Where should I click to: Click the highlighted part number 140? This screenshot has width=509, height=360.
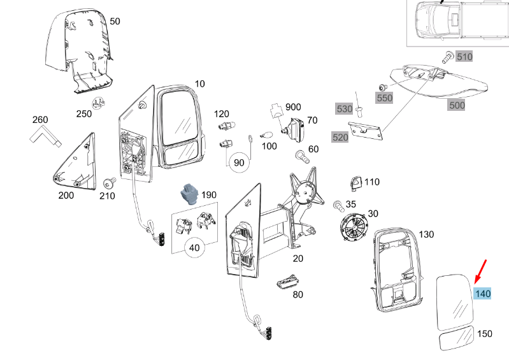483,294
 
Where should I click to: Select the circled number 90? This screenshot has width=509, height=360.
239,162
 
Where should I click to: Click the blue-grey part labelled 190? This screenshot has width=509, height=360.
189,192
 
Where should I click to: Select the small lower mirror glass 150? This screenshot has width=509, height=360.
456,338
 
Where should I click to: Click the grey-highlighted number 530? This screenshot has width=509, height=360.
344,109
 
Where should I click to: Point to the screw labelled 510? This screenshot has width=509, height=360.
448,57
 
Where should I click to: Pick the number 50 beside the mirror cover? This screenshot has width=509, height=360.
115,21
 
